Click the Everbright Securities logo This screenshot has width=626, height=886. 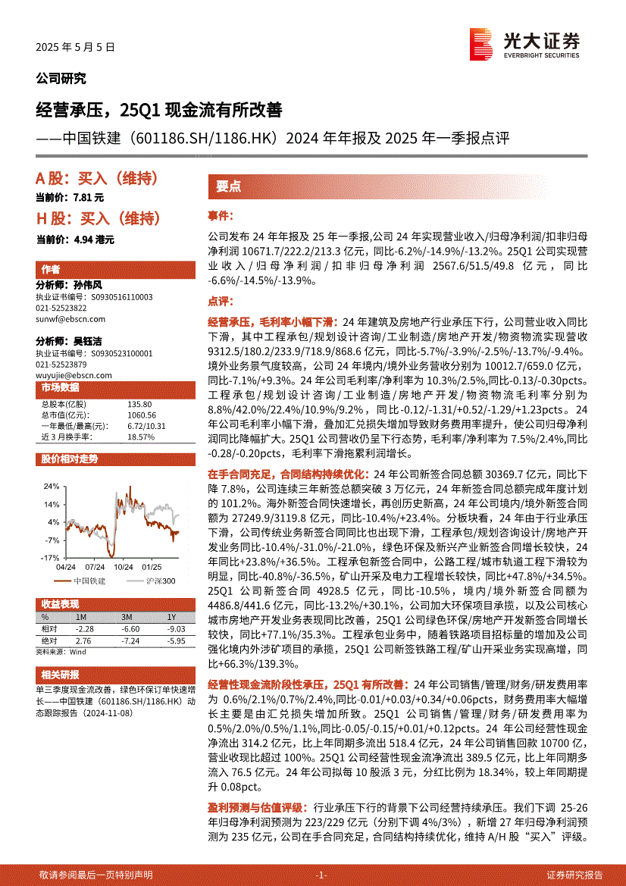click(x=524, y=43)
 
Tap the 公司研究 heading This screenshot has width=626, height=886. click(x=61, y=79)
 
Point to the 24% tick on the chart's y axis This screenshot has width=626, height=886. click(x=51, y=486)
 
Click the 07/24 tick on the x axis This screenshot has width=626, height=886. click(x=95, y=566)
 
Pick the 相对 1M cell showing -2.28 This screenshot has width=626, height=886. click(x=84, y=629)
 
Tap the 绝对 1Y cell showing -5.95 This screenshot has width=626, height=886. click(x=176, y=640)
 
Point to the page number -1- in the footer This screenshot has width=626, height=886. click(x=321, y=875)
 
